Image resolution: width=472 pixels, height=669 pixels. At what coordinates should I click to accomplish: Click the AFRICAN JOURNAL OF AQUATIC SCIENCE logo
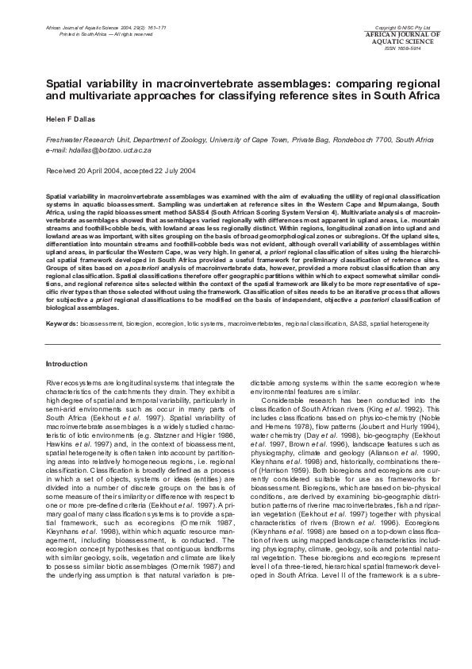(412, 38)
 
